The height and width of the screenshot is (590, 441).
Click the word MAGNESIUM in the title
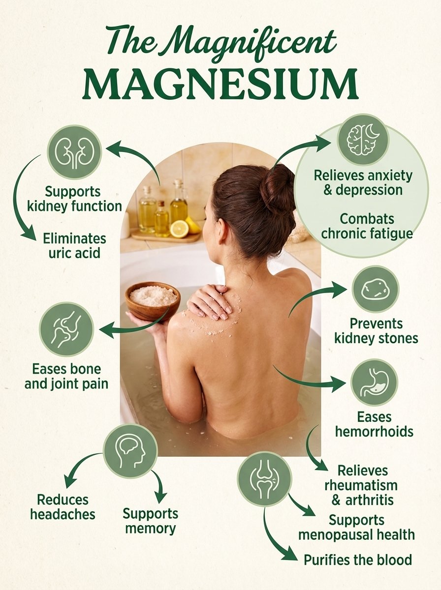220,85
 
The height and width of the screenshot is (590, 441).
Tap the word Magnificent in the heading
249,42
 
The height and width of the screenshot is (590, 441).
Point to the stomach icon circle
374,383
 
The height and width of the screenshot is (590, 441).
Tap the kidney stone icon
376,289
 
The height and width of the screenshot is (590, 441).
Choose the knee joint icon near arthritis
264,478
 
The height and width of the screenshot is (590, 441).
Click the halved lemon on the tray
179,229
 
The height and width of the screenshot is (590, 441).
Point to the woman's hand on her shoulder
209,301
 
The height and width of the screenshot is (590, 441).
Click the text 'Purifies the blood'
357,560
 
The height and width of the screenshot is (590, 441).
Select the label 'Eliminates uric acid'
74,246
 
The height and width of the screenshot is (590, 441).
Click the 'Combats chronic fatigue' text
367,226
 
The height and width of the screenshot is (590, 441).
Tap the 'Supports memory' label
150,521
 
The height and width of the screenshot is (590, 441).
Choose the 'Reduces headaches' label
63,507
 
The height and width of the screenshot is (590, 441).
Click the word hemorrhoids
374,432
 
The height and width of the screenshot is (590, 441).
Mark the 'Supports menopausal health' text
356,528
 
